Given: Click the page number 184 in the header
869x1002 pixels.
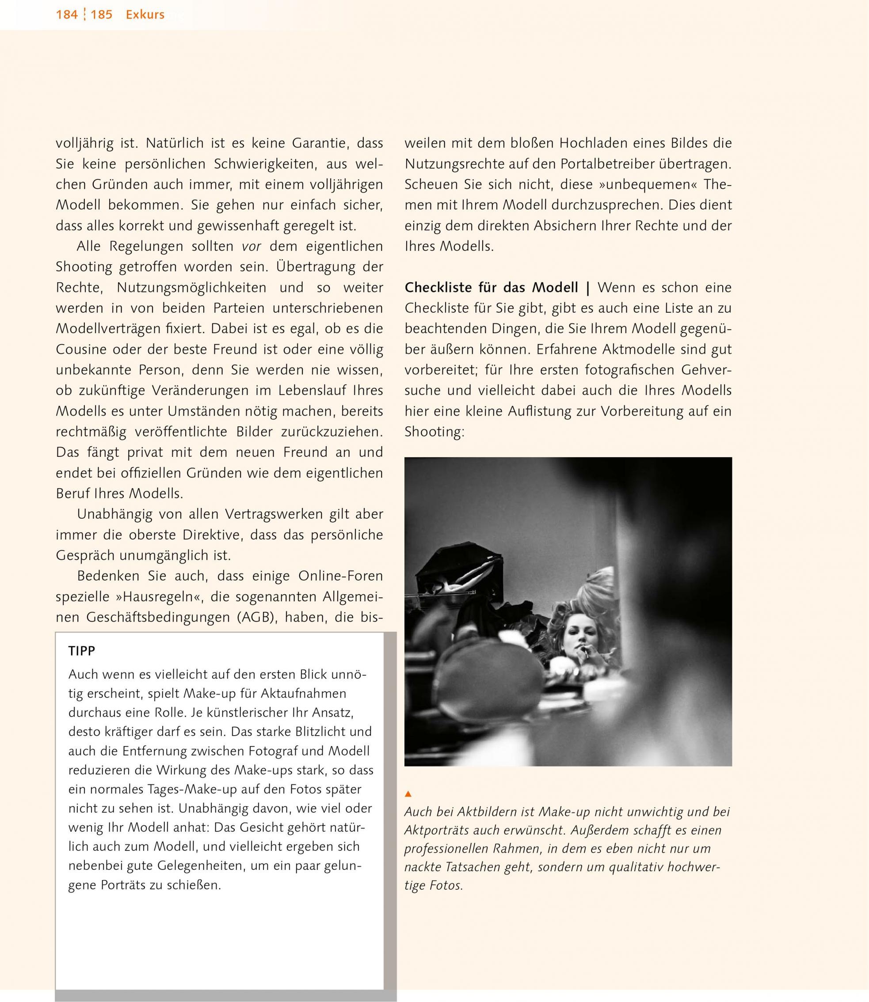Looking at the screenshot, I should [66, 15].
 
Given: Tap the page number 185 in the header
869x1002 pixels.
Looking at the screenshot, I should [101, 15].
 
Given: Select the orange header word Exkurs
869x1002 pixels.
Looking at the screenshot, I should [145, 15].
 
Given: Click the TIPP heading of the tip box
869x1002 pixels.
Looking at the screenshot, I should [82, 651].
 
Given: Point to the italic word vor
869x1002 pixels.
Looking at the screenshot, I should [252, 246].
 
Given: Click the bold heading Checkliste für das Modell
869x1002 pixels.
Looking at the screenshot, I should [491, 288].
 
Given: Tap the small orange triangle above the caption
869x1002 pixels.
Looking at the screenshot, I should [408, 794].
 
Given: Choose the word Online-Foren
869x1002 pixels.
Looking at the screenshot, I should [340, 576].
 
